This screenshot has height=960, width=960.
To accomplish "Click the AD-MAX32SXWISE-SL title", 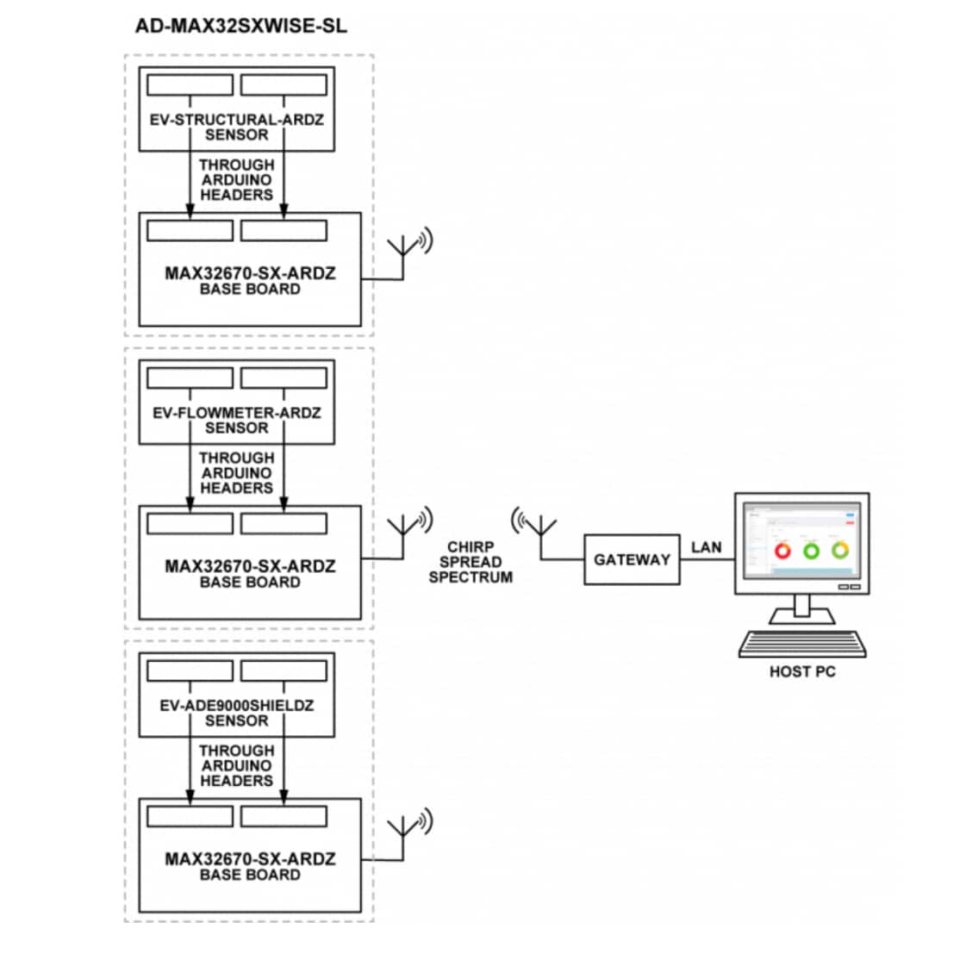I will pyautogui.click(x=240, y=26).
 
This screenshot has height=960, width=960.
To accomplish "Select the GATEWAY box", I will pyautogui.click(x=632, y=559).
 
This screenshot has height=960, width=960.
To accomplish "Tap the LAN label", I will pyautogui.click(x=706, y=547).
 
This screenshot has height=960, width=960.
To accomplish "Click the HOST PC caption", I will pyautogui.click(x=801, y=671).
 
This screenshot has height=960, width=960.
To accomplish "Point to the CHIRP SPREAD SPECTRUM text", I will pyautogui.click(x=471, y=562).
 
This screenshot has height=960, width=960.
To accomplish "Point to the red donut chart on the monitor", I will pyautogui.click(x=783, y=550).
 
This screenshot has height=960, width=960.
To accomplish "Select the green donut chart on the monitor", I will pyautogui.click(x=811, y=550).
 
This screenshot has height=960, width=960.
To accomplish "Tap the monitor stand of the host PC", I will pyautogui.click(x=801, y=611).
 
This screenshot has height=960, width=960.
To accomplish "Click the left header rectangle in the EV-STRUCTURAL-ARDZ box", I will pyautogui.click(x=190, y=84).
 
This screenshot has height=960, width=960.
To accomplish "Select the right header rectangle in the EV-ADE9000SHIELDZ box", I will pyautogui.click(x=284, y=670).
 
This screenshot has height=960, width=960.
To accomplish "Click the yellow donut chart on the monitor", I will pyautogui.click(x=839, y=550).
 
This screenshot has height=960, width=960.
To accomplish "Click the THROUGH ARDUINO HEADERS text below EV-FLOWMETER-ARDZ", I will pyautogui.click(x=236, y=472).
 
